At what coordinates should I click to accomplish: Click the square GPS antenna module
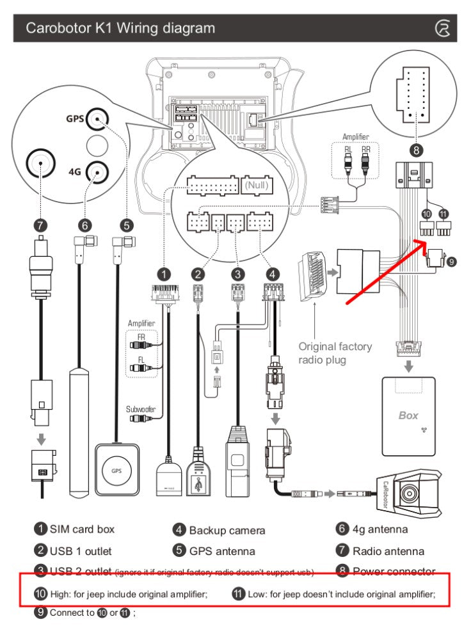click(116, 470)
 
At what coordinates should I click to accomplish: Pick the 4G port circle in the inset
click(97, 171)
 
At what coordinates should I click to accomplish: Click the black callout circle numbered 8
click(417, 151)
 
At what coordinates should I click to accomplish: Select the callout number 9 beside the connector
click(452, 261)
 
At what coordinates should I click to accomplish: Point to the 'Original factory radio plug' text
click(335, 353)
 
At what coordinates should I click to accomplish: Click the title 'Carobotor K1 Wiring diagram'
click(120, 28)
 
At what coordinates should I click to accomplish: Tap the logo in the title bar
click(442, 28)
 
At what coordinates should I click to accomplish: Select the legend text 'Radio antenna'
click(388, 550)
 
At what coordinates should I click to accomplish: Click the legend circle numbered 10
click(40, 594)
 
